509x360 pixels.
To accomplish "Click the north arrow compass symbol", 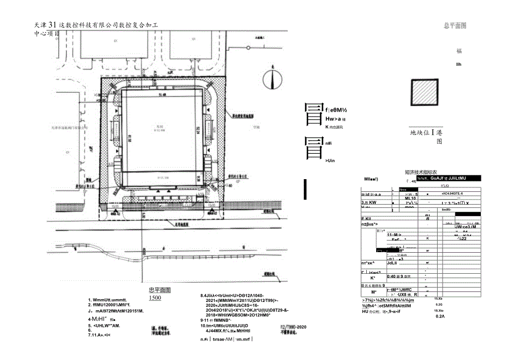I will pos(271,78).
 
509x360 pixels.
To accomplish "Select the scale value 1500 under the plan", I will pos(155,298).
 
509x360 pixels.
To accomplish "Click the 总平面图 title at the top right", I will pos(454,25).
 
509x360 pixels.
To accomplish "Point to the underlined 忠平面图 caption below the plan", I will pos(160,290).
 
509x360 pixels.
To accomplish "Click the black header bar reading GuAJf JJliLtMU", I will pos(448,179).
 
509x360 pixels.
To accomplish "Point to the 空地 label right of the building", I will pos(256,127).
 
